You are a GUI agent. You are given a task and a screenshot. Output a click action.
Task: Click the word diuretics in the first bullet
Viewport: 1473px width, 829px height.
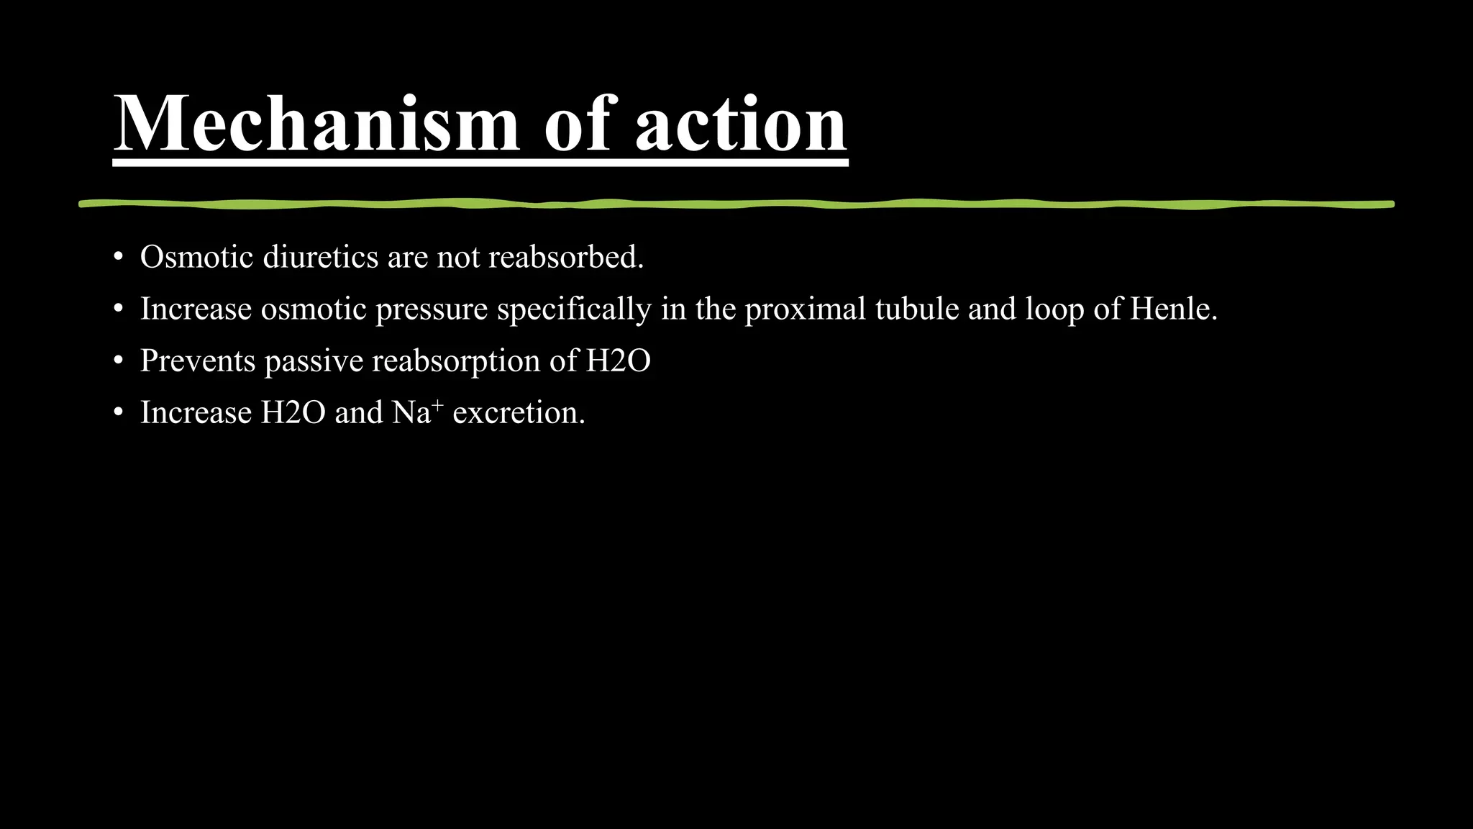pyautogui.click(x=320, y=257)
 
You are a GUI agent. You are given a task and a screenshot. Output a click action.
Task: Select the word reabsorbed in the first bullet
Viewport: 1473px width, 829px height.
pyautogui.click(x=565, y=257)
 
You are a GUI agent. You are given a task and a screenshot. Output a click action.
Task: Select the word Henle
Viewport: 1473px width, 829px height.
pyautogui.click(x=1173, y=309)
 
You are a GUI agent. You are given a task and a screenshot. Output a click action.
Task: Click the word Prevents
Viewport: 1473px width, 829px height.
pyautogui.click(x=198, y=361)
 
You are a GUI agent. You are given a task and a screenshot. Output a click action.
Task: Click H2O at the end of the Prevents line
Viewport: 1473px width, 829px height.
pyautogui.click(x=618, y=361)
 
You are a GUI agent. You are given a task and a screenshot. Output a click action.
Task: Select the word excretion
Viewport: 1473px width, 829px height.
pyautogui.click(x=518, y=413)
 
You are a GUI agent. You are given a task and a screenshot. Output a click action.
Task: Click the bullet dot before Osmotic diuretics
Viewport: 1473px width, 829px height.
pyautogui.click(x=118, y=258)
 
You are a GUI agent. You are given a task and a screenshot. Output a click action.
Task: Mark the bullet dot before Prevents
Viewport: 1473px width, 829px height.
pyautogui.click(x=118, y=361)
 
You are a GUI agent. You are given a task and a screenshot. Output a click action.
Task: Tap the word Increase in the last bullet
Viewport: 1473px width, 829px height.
pyautogui.click(x=196, y=412)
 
